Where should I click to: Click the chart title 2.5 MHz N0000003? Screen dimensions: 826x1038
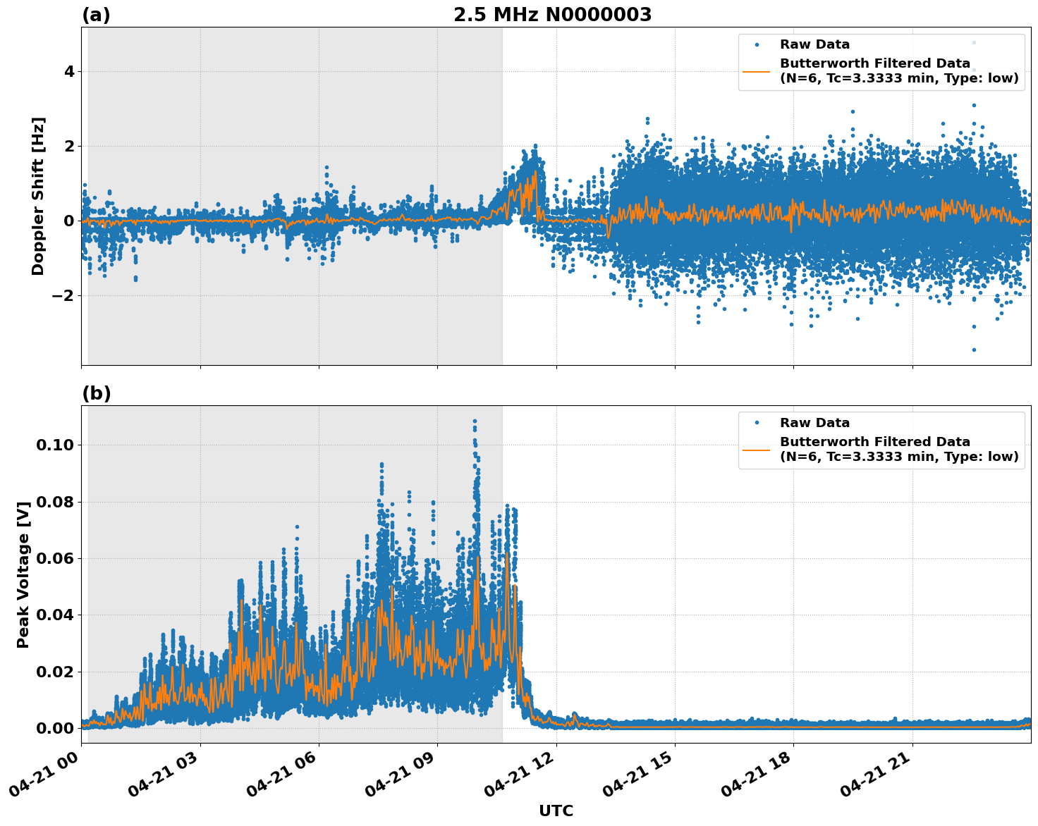(x=552, y=15)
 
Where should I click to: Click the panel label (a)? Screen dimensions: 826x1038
(x=96, y=15)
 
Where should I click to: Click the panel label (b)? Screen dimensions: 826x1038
(x=96, y=393)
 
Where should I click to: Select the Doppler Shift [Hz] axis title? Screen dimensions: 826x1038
(x=38, y=196)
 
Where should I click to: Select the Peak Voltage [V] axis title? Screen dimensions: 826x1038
(x=23, y=574)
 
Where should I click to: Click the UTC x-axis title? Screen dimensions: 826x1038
(x=556, y=810)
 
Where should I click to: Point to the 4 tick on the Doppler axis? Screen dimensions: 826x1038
(x=69, y=72)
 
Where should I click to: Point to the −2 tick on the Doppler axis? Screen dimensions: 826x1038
(x=64, y=295)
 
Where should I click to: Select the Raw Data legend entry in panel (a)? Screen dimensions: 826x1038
(x=814, y=44)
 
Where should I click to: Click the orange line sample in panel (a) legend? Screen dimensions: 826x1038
(x=757, y=71)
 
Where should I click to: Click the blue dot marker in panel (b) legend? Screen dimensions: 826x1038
(x=757, y=423)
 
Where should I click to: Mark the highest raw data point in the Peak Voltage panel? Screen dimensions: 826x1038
(x=475, y=421)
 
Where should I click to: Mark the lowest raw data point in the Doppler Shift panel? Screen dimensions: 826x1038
(x=974, y=350)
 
